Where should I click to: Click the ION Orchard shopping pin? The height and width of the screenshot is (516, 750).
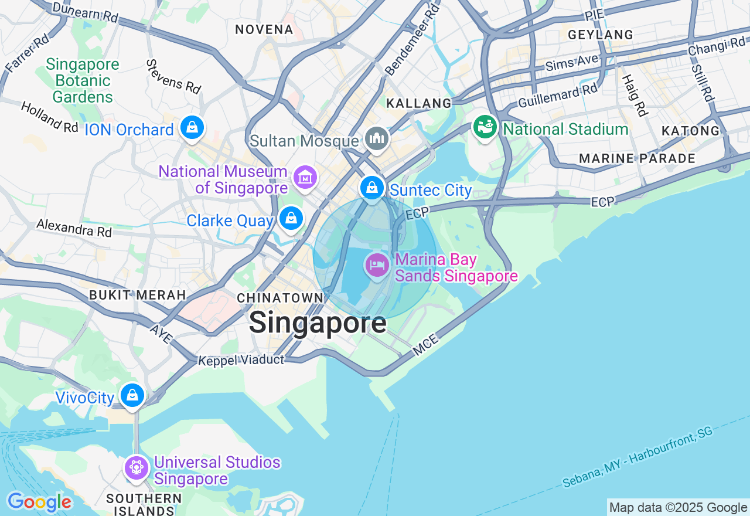[192, 127]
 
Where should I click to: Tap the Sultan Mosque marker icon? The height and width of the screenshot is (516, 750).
[376, 138]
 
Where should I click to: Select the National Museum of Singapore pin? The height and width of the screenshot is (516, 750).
[305, 176]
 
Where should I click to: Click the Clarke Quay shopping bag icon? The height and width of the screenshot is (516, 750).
[291, 218]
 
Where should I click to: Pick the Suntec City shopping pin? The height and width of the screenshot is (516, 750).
[371, 188]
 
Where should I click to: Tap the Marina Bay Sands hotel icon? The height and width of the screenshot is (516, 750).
[377, 266]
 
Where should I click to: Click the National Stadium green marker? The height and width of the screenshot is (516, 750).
[485, 127]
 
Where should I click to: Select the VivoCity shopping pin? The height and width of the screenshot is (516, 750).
[133, 395]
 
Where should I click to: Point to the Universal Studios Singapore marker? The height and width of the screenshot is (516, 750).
[137, 468]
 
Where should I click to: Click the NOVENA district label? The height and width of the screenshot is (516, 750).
[264, 29]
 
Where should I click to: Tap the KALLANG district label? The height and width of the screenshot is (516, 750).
[419, 103]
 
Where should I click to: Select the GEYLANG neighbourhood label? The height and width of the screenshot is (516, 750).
[601, 35]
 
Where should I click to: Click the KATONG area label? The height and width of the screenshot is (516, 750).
[690, 131]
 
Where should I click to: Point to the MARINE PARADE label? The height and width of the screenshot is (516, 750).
[637, 158]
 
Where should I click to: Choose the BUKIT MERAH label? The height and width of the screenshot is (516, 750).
[138, 295]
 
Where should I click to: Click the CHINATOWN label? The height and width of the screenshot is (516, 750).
[280, 298]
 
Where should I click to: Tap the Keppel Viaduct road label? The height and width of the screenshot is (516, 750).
[241, 359]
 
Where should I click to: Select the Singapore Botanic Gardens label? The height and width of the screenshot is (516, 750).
[83, 80]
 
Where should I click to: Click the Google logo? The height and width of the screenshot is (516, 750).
[39, 503]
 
